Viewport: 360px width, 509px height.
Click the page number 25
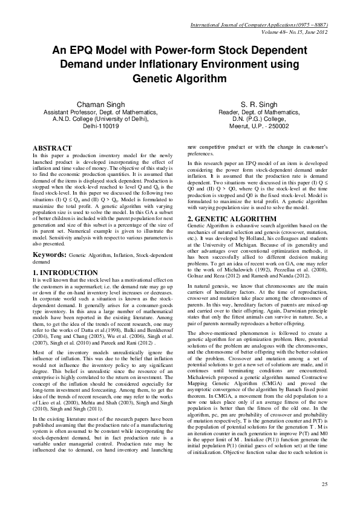click(324, 485)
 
